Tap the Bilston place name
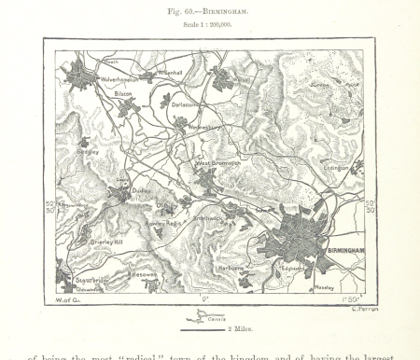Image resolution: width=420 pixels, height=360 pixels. click(x=123, y=94)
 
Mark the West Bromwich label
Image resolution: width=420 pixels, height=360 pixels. click(x=217, y=163)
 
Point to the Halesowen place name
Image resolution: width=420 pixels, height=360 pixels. click(x=145, y=275)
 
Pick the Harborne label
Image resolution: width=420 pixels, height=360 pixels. click(x=231, y=269)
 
